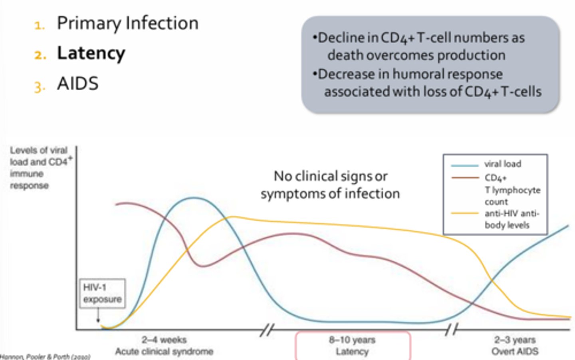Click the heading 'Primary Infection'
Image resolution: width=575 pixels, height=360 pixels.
[x=127, y=23]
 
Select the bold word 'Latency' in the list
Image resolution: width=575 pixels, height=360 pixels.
[x=91, y=53]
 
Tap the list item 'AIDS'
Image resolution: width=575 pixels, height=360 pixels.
[x=77, y=84]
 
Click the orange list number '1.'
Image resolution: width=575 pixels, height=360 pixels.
[x=40, y=26]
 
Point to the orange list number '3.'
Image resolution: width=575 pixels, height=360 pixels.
[x=40, y=86]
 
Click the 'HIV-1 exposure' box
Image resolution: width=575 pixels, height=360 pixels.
[x=102, y=293]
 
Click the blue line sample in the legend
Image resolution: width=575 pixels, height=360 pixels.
[x=464, y=165]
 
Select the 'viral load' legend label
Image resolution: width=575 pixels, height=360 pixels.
[x=503, y=164]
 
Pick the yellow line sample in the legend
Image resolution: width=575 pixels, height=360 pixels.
[x=464, y=213]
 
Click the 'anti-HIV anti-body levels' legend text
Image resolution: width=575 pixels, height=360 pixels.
[x=512, y=219]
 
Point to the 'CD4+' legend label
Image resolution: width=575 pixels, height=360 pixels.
[x=496, y=178]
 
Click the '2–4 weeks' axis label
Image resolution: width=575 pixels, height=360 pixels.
[x=164, y=340]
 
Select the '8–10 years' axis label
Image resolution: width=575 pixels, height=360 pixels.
[x=352, y=340]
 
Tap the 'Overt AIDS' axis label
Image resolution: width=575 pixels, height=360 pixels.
[x=515, y=351]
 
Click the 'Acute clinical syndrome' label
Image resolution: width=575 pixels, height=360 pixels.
[x=164, y=351]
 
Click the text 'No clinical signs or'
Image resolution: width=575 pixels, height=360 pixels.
[x=330, y=176]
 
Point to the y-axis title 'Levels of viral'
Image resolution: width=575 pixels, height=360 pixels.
[x=39, y=151]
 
